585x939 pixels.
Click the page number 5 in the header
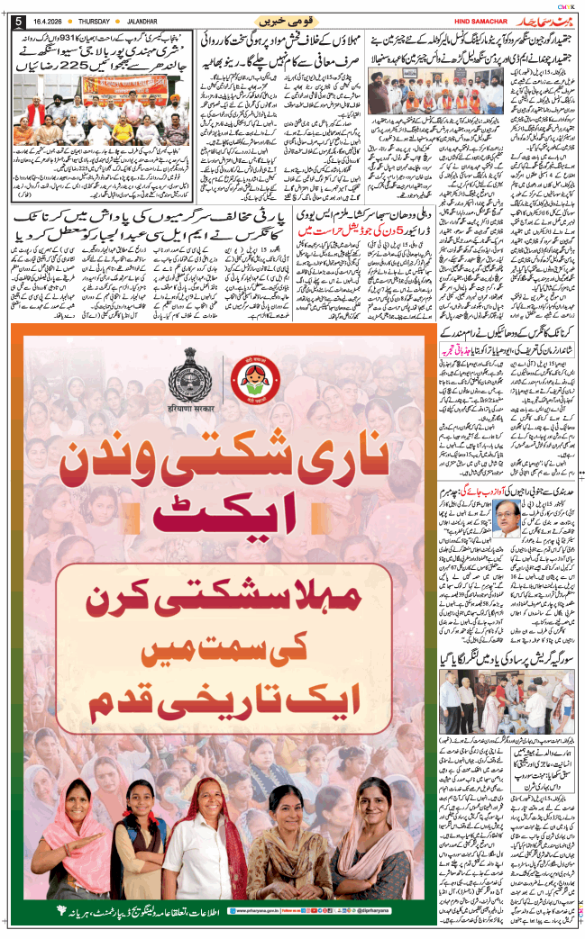coord(18,22)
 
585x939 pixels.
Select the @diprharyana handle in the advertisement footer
coord(361,911)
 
